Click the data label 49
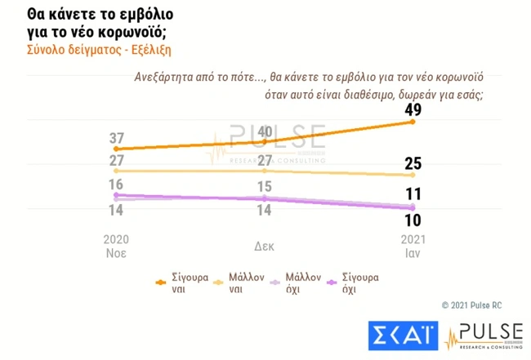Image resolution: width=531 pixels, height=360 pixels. point(413,109)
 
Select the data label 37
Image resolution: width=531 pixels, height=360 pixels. point(117,137)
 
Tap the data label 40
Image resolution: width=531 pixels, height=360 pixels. point(264,131)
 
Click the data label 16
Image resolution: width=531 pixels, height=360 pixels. point(117,184)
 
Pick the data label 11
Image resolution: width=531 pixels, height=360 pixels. point(413,194)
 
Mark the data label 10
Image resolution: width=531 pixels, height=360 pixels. point(413,220)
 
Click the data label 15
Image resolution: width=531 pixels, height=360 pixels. point(264,186)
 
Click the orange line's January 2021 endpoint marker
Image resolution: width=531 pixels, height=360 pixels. point(413,122)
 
